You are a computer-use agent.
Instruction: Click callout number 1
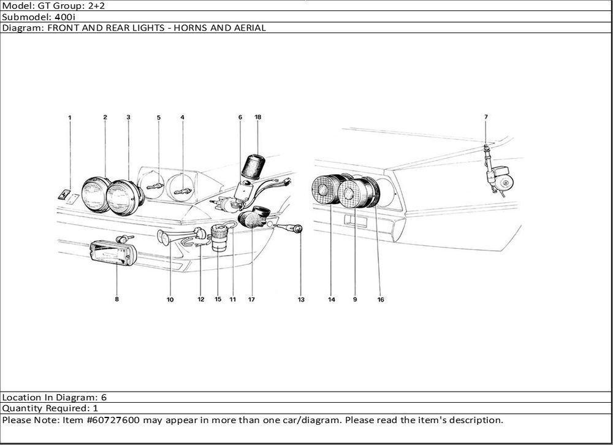coord(70,117)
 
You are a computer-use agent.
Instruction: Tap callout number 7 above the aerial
coord(485,116)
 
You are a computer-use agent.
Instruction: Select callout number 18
coord(258,117)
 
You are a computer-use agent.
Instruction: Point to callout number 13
coord(301,300)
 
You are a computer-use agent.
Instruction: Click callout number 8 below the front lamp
coord(116,300)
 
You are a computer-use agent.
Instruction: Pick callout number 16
coord(381,300)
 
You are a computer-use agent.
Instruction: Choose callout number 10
coord(170,300)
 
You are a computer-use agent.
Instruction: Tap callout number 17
coord(251,300)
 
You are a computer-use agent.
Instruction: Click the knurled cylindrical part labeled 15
coord(219,238)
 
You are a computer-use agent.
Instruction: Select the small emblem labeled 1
coord(63,195)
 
